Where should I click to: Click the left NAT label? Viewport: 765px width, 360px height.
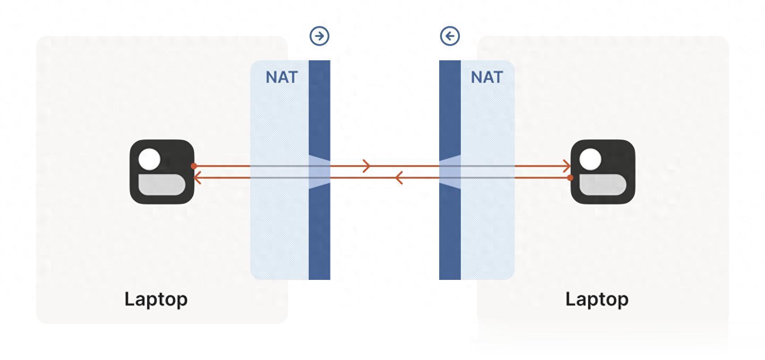click(x=282, y=77)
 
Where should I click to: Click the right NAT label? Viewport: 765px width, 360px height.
click(x=486, y=77)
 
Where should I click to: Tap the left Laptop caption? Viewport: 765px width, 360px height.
click(x=156, y=300)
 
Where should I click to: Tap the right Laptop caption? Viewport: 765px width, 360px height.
click(x=597, y=300)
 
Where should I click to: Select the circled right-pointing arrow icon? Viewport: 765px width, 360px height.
click(x=319, y=36)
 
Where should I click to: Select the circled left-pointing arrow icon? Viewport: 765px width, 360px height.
click(x=450, y=36)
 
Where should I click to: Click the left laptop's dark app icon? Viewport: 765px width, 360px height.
click(x=162, y=172)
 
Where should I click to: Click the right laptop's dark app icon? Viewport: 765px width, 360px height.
click(x=603, y=172)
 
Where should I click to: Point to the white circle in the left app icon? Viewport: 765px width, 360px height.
click(x=149, y=159)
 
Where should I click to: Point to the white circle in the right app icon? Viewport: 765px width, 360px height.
click(x=590, y=159)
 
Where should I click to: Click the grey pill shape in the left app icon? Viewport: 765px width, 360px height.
click(x=162, y=185)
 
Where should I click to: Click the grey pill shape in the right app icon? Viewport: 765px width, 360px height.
click(x=603, y=185)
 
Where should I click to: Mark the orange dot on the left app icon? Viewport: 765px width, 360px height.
click(x=194, y=166)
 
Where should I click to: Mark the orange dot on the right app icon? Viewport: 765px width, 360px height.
click(x=571, y=178)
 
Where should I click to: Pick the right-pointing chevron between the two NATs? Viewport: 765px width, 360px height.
click(x=367, y=166)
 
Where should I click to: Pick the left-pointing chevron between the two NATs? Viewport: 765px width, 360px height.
click(x=398, y=178)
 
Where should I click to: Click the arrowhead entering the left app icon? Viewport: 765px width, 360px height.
click(x=197, y=178)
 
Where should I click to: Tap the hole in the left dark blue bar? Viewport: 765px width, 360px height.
click(x=319, y=172)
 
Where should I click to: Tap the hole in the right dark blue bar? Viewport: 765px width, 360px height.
click(x=450, y=172)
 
